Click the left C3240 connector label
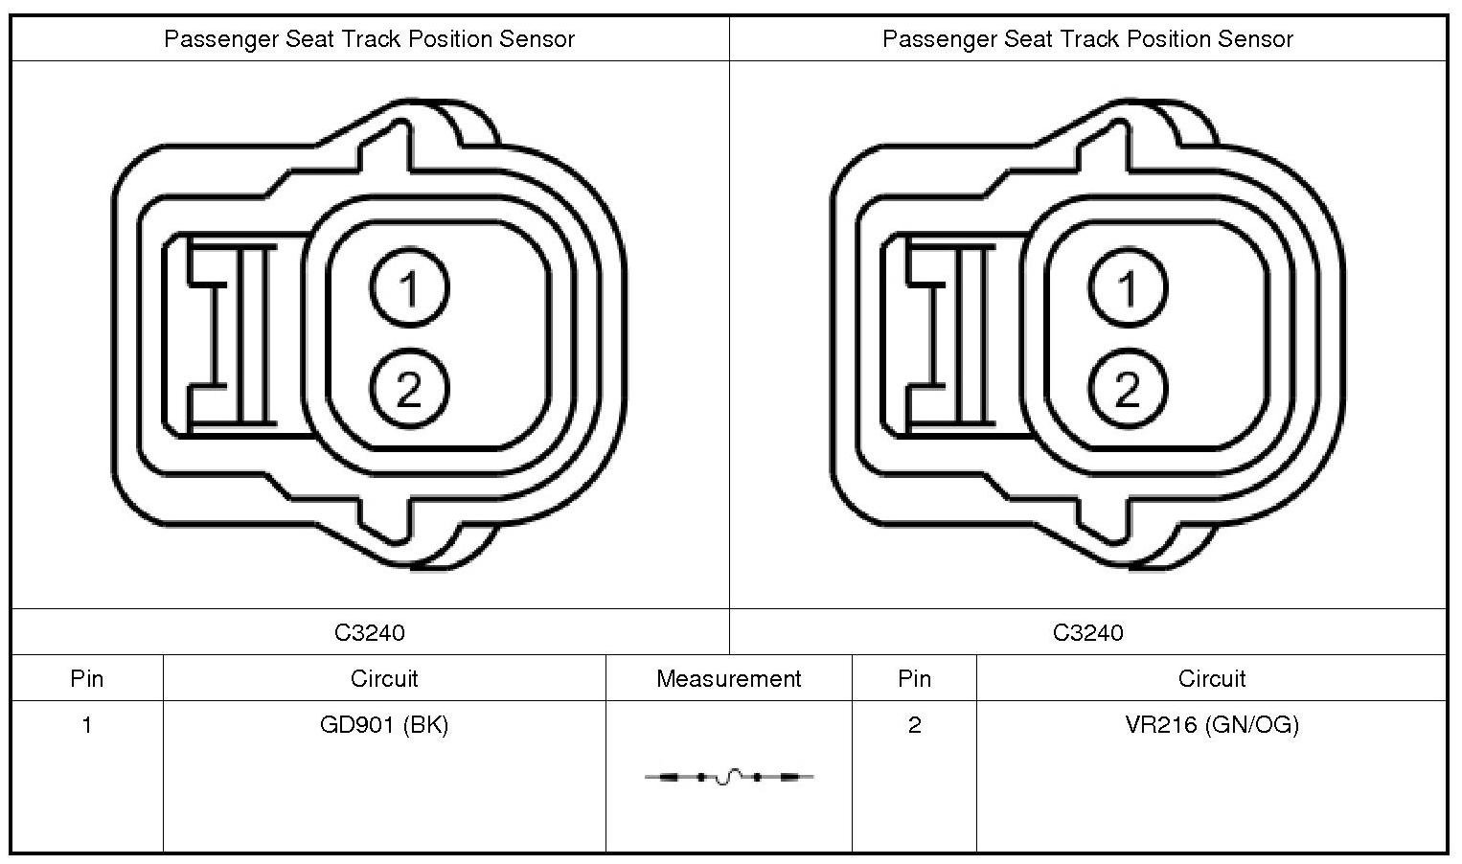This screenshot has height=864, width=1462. click(370, 632)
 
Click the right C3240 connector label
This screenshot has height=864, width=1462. click(1088, 632)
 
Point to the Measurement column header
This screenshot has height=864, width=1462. click(728, 679)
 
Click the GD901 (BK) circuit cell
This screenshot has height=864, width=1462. click(384, 725)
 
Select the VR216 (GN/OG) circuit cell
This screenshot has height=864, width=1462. click(1212, 725)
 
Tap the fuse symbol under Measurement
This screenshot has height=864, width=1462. click(729, 777)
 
